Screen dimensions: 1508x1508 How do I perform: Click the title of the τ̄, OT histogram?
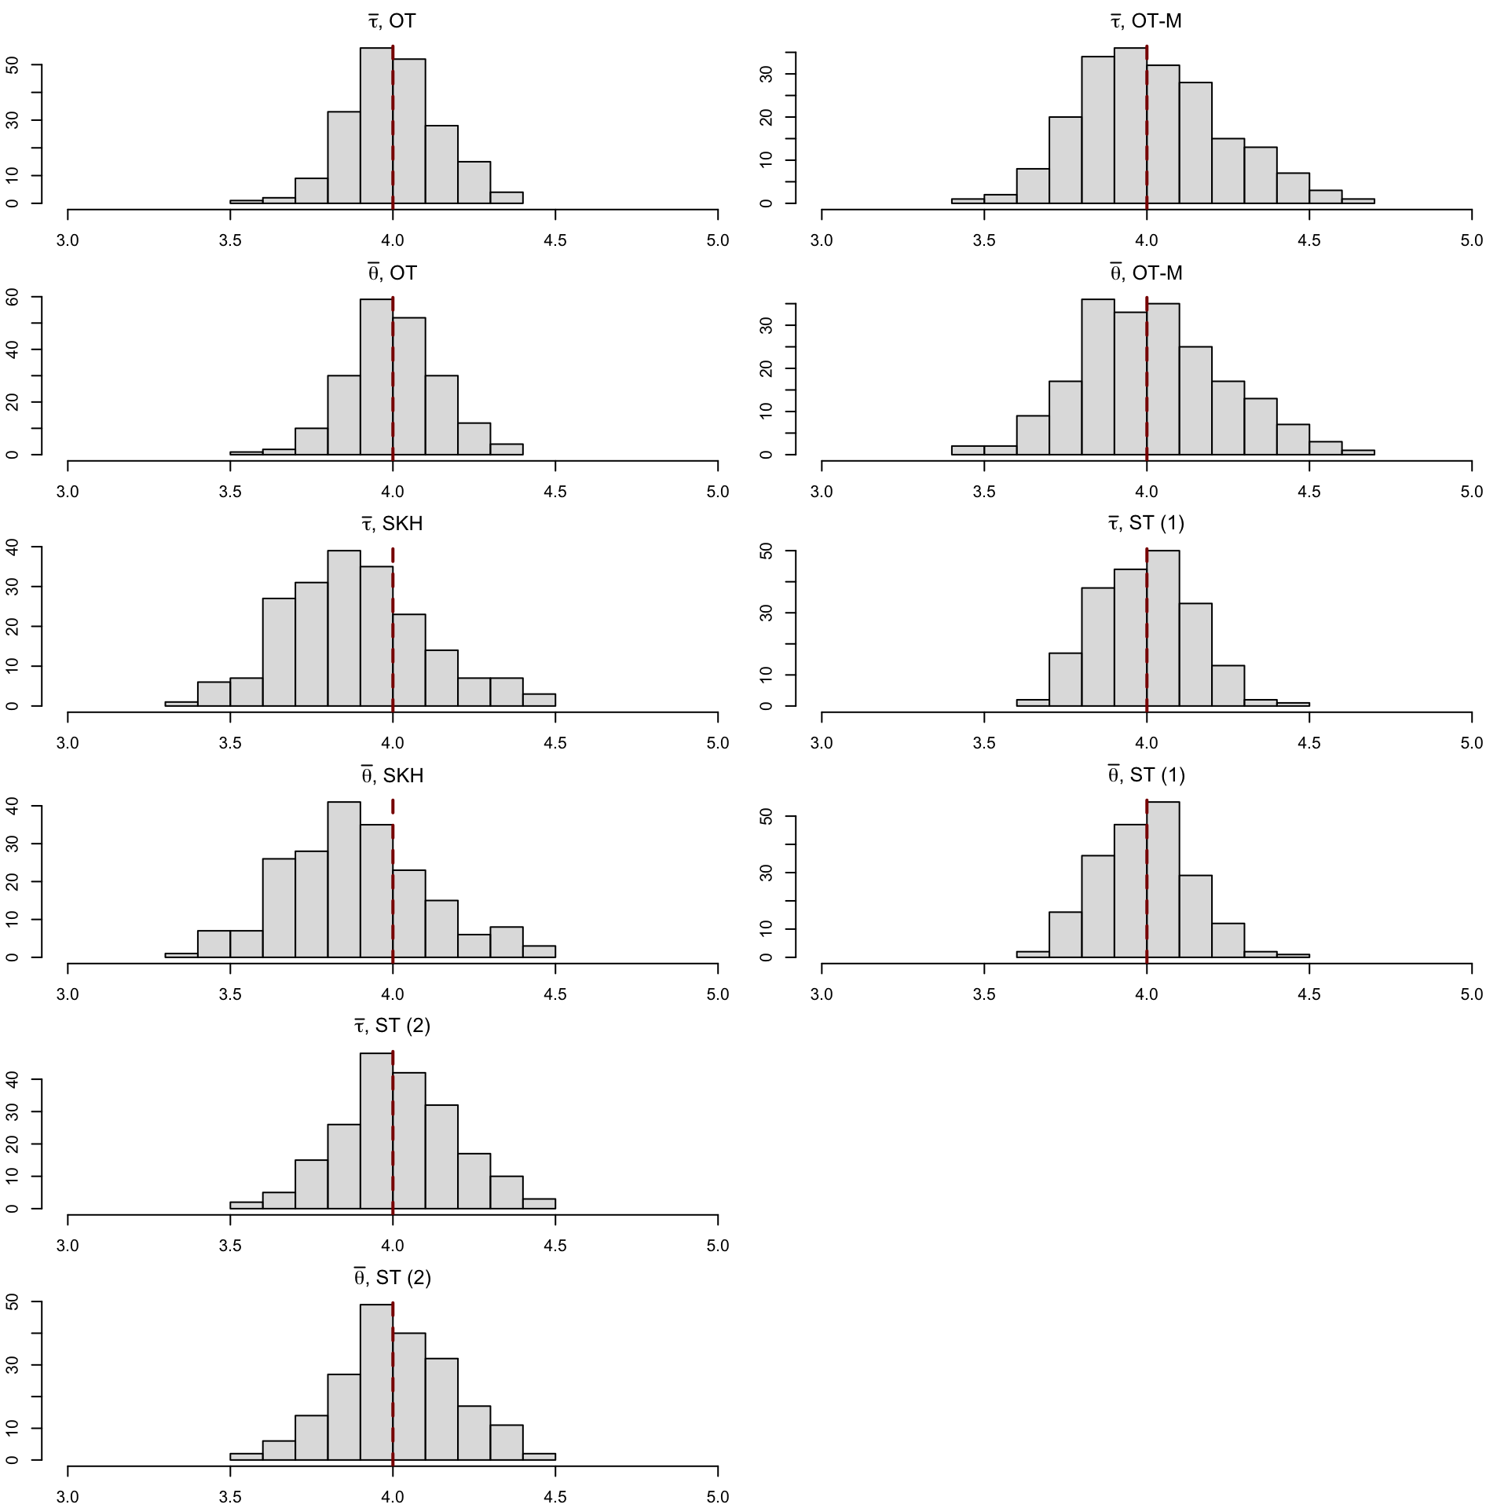point(392,21)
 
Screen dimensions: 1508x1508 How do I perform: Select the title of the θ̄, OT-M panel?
point(1146,273)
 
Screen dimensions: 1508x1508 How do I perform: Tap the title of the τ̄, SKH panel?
point(392,524)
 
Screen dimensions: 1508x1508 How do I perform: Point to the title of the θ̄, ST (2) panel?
point(392,1278)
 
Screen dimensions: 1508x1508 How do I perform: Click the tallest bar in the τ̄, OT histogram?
point(376,126)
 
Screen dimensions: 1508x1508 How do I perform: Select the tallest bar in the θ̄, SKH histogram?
point(344,880)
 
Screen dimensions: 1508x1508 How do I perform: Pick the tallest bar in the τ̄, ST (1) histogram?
point(1162,628)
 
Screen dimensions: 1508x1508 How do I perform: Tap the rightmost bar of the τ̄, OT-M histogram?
point(1358,200)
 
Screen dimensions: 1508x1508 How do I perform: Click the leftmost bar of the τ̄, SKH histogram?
point(181,703)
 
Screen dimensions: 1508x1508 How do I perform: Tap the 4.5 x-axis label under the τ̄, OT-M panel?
point(1309,240)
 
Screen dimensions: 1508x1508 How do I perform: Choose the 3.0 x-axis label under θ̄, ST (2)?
point(68,1497)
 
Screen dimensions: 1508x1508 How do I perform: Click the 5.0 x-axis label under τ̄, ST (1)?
point(1471,743)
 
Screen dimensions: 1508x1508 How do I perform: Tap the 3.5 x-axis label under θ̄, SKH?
point(230,994)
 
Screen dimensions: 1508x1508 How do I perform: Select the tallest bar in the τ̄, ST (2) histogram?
point(376,1131)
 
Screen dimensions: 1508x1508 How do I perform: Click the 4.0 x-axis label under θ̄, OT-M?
point(1147,492)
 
